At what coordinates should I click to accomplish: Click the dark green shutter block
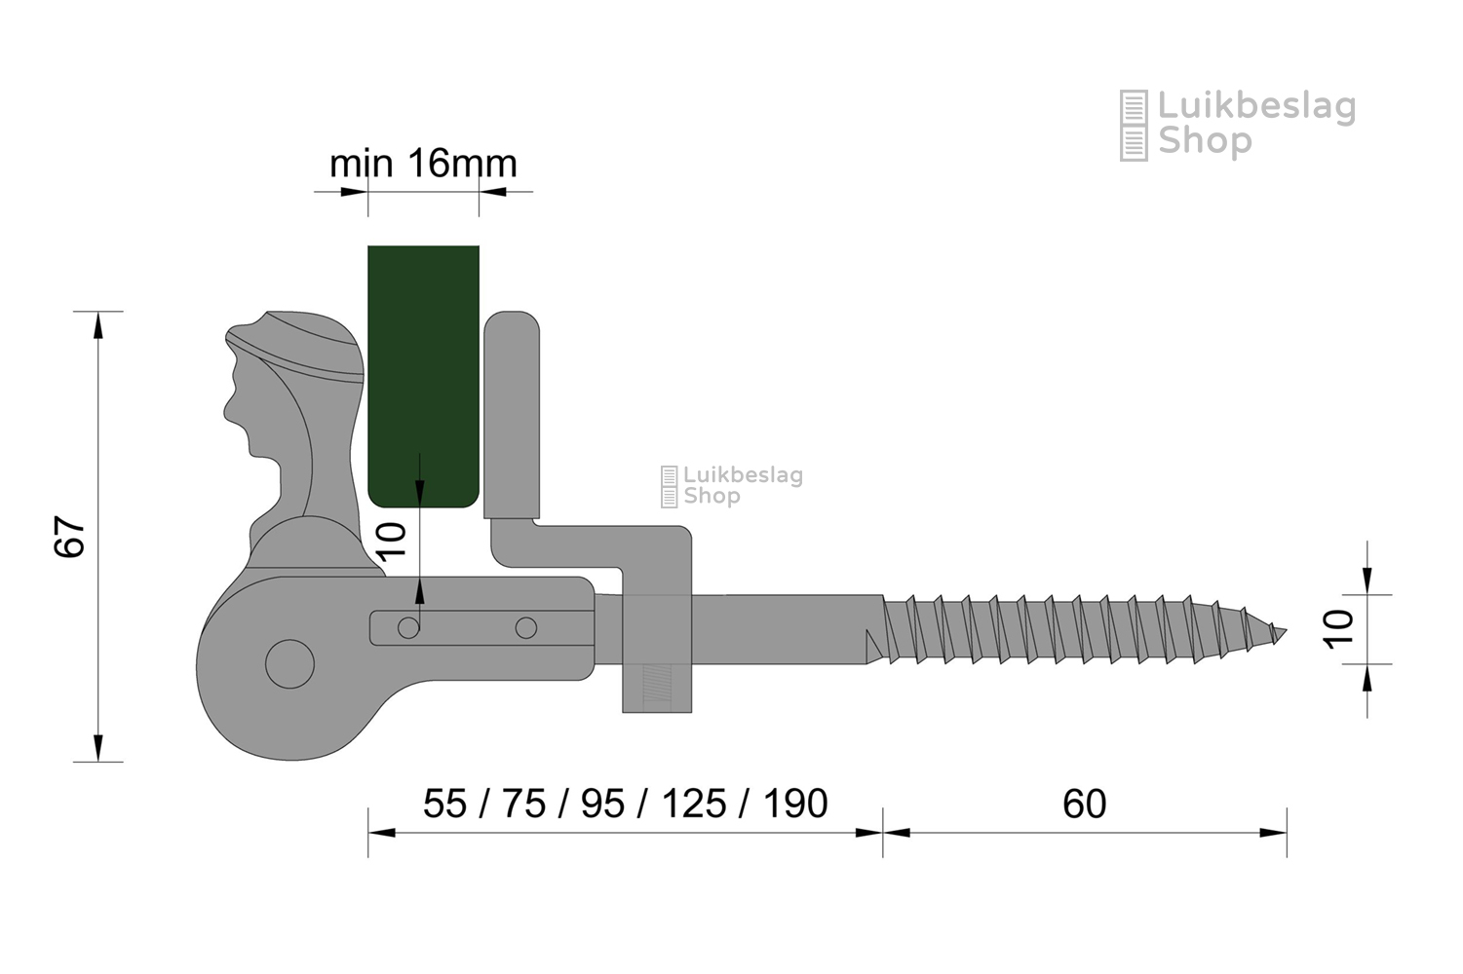(x=423, y=376)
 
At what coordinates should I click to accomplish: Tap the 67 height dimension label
(x=69, y=537)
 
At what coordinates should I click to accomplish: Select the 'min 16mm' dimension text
(x=423, y=164)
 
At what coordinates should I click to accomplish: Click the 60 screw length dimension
(x=1084, y=804)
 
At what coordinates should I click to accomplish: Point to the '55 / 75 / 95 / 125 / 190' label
(x=625, y=804)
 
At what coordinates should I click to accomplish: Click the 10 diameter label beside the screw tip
(x=1337, y=629)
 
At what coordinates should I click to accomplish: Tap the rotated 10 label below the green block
(x=392, y=542)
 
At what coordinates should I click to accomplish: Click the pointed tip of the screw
(x=1286, y=630)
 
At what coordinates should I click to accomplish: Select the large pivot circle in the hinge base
(x=289, y=664)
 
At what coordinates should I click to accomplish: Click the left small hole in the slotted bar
(x=408, y=628)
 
